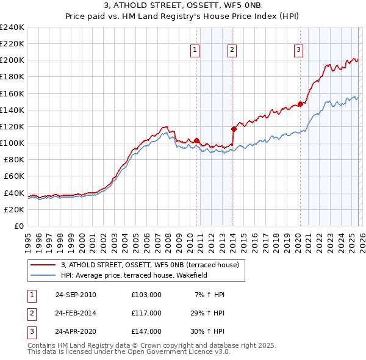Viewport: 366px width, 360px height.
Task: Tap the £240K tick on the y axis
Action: pyautogui.click(x=12, y=27)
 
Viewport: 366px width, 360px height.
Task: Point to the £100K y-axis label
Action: pyautogui.click(x=12, y=143)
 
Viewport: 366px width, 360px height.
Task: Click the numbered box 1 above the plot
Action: pyautogui.click(x=195, y=51)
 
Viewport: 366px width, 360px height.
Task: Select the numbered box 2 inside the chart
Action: pyautogui.click(x=232, y=51)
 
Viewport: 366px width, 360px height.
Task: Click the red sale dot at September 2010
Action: pyautogui.click(x=197, y=140)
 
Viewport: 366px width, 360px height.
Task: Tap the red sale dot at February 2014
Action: pyautogui.click(x=234, y=129)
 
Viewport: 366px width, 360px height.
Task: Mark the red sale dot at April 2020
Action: pyautogui.click(x=300, y=104)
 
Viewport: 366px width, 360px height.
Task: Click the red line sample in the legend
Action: pyautogui.click(x=43, y=265)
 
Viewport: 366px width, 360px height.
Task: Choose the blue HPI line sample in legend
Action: pyautogui.click(x=43, y=275)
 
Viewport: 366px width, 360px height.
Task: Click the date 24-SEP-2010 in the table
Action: pyautogui.click(x=76, y=295)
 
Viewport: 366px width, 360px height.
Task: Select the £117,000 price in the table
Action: pyautogui.click(x=146, y=313)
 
